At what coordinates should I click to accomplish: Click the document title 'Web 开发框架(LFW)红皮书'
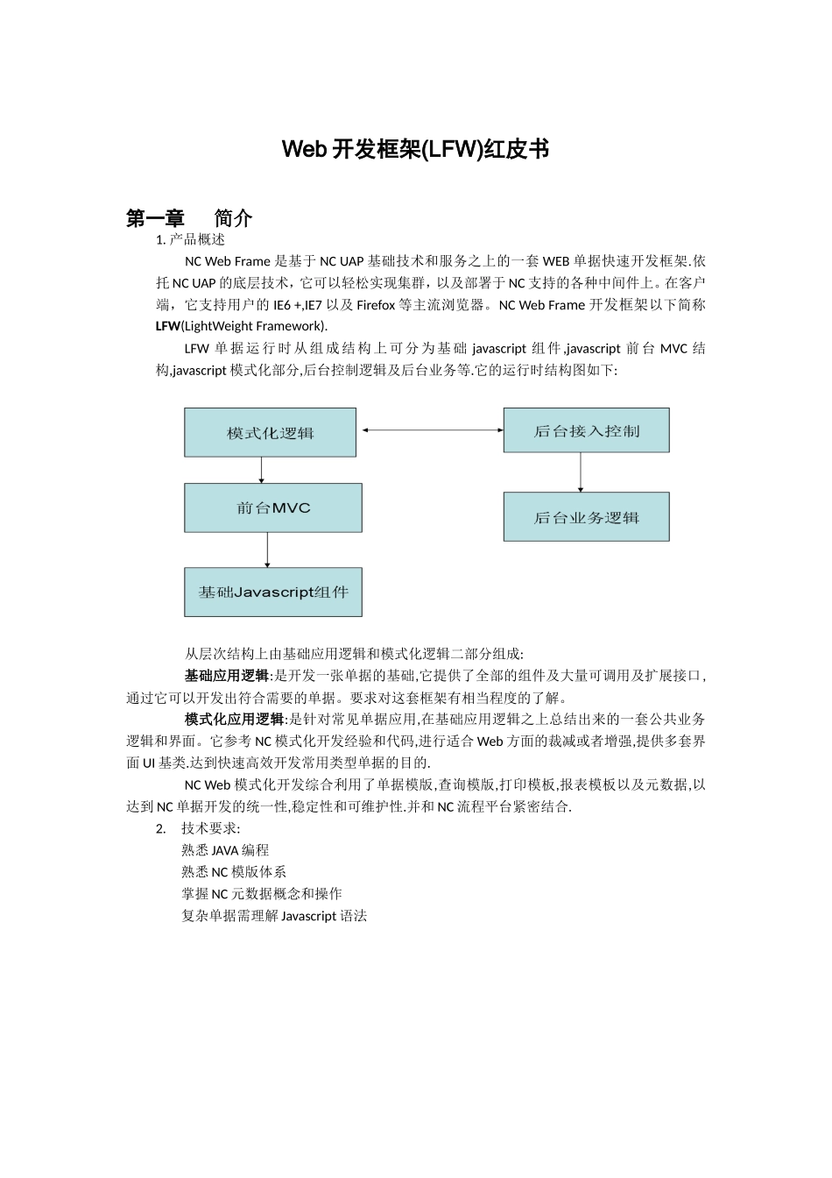415,150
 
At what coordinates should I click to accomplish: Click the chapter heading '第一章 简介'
189,218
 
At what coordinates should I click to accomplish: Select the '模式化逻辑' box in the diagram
270,432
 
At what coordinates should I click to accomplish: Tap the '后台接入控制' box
586,430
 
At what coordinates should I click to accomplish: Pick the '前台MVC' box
272,508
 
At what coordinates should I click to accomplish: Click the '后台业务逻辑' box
586,517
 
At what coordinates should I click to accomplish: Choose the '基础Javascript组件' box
272,593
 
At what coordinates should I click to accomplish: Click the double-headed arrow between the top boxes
432,430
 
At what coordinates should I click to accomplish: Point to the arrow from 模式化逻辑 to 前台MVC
262,471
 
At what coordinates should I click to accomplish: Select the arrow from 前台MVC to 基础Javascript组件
267,550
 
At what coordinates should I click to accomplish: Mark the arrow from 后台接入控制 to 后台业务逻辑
581,472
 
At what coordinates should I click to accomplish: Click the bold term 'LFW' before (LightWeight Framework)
167,327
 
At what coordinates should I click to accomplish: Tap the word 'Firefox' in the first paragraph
375,305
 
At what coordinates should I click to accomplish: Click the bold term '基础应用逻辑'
226,676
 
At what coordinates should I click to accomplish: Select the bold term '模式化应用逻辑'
234,720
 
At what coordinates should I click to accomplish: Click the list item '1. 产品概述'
190,239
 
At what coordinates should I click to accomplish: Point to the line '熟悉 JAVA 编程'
225,850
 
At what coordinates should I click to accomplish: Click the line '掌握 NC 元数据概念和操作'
261,894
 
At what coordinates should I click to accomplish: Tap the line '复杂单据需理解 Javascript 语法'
273,916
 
